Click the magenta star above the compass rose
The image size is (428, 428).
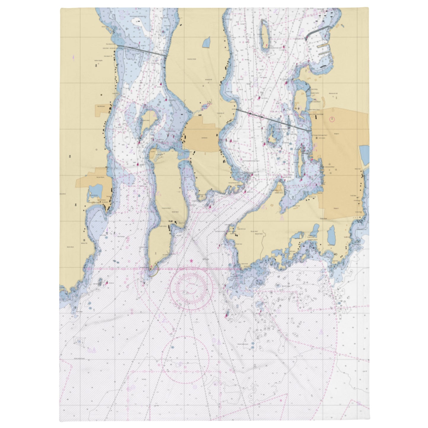191,261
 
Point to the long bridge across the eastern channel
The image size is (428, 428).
272,120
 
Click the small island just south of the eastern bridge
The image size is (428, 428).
274,135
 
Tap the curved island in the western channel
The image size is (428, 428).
146,121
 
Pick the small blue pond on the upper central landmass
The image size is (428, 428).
206,42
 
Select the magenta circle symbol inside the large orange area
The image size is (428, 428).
332,119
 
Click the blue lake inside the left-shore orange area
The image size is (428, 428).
95,190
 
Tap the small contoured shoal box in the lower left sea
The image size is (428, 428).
79,342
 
